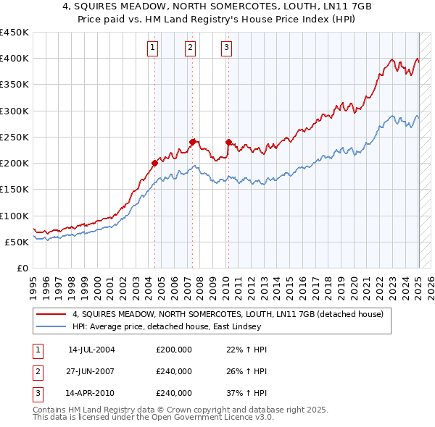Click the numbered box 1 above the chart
coord(153,48)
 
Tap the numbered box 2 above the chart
coord(190,48)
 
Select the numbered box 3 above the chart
coord(226,48)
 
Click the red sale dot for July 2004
coord(154,163)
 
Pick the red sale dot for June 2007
coord(193,142)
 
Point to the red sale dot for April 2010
coord(228,142)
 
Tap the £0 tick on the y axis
coord(23,268)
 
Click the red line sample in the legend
coord(53,315)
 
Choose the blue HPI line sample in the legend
coord(53,327)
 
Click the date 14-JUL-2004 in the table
coord(91,350)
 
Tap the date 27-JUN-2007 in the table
coord(91,371)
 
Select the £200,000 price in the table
coord(174,350)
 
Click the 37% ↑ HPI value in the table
coord(246,393)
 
